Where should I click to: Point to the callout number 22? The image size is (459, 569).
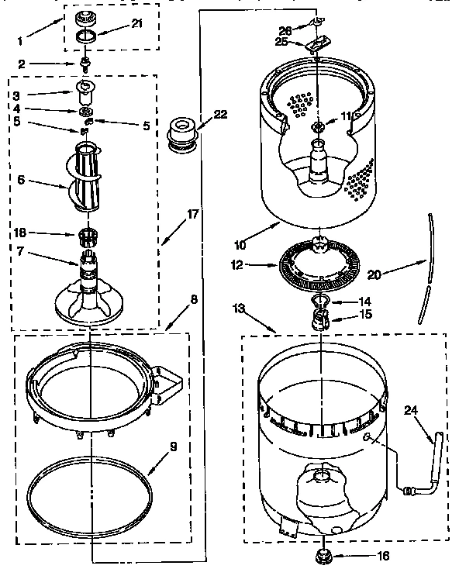click(221, 114)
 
